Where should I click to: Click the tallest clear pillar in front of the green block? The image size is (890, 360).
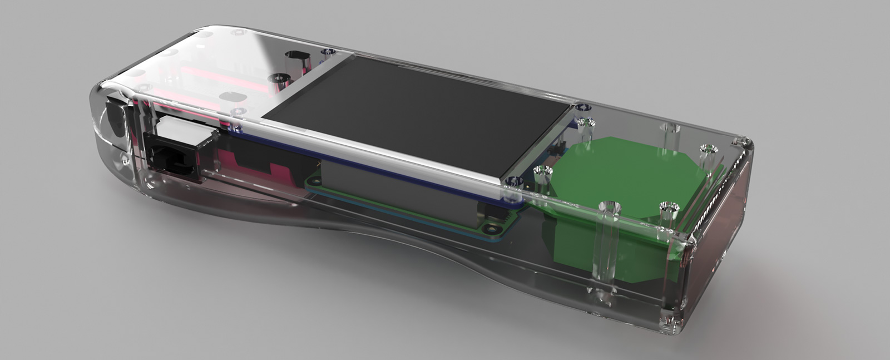pos(606,245)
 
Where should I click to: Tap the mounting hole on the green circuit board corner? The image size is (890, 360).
pos(489,228)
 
